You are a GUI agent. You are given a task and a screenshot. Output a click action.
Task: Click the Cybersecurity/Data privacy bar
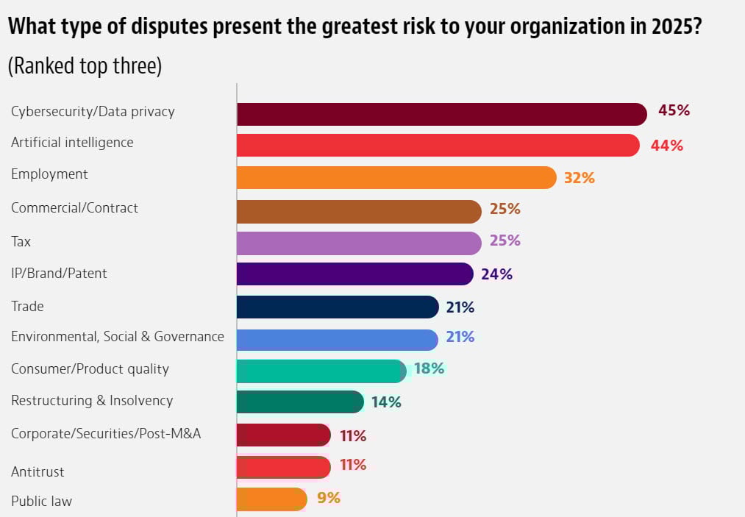pos(441,114)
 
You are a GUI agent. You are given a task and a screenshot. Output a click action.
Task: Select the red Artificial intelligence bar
pos(438,145)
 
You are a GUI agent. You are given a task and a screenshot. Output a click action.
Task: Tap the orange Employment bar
pos(396,177)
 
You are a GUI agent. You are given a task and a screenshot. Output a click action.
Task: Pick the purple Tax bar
pos(358,243)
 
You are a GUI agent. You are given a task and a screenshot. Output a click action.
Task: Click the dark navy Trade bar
pos(338,307)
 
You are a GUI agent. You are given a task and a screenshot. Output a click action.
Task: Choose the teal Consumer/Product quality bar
pos(321,371)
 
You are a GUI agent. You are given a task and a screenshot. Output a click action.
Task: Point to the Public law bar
pos(271,499)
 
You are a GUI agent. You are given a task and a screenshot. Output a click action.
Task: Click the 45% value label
pos(674,111)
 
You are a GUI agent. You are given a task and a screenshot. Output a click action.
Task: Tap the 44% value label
pos(666,146)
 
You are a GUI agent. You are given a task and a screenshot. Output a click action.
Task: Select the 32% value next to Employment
pos(579,178)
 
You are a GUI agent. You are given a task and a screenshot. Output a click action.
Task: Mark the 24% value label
pos(496,274)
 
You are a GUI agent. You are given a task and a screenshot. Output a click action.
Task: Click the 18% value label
pos(429,368)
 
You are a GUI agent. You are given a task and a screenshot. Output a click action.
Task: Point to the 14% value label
pos(385,402)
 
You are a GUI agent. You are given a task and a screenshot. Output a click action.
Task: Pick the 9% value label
pos(328,498)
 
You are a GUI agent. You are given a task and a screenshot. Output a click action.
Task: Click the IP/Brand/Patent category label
pos(59,274)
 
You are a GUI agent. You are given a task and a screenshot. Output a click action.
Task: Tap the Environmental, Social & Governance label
pos(118,337)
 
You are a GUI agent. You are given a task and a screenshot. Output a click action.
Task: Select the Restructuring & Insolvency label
pos(92,401)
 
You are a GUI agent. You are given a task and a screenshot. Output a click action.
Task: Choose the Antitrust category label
pos(38,471)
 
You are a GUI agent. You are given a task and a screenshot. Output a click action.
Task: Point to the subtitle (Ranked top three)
pos(85,65)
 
